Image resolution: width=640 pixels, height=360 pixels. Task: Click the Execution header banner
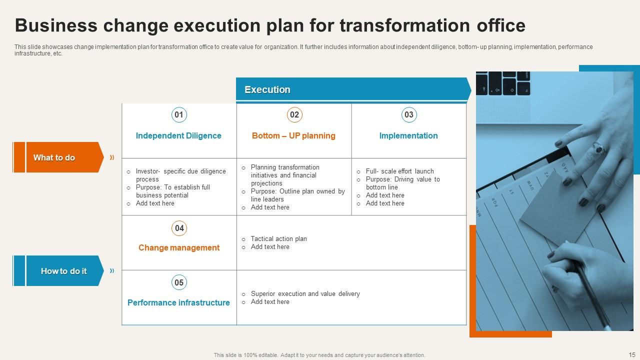(352, 89)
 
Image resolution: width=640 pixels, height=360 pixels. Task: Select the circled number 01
(179, 115)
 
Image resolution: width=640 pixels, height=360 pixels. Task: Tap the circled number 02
(294, 115)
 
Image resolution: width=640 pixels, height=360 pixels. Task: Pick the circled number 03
(409, 115)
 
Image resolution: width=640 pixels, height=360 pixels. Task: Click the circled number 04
(179, 228)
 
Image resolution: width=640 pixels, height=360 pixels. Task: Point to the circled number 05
(179, 282)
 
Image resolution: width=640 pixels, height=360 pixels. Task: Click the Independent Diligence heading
(178, 136)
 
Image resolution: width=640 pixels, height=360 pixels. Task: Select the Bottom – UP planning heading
(293, 136)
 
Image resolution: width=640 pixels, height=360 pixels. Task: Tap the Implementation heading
(408, 136)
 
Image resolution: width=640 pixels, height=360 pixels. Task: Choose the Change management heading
(179, 248)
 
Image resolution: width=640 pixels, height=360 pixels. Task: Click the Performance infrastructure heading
(178, 303)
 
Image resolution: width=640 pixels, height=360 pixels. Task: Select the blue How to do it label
(63, 271)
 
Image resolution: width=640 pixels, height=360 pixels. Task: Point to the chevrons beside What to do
(112, 157)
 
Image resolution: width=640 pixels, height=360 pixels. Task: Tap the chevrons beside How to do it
(112, 271)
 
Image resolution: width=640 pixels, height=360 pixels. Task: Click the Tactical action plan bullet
(278, 239)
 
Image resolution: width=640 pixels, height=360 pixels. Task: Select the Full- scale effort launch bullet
(399, 171)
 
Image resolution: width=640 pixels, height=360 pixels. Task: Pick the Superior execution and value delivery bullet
(305, 294)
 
